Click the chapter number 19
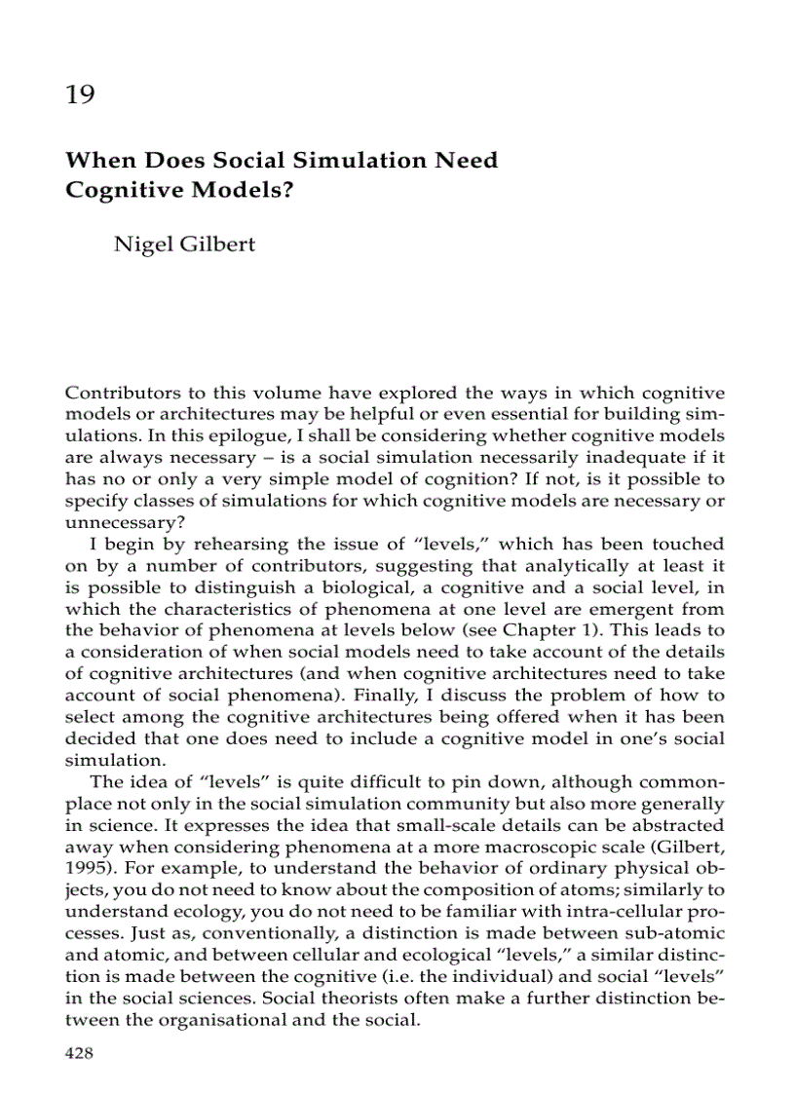[80, 95]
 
